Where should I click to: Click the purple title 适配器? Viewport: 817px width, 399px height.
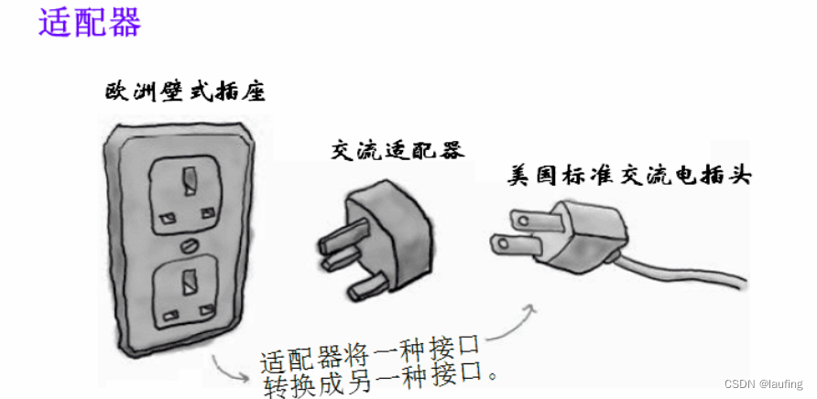(90, 23)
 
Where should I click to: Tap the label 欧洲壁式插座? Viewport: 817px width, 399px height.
(187, 92)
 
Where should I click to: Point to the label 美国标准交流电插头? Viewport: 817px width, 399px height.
(629, 176)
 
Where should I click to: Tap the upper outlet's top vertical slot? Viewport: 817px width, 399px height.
(190, 178)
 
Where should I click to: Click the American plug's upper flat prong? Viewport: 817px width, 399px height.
(530, 217)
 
